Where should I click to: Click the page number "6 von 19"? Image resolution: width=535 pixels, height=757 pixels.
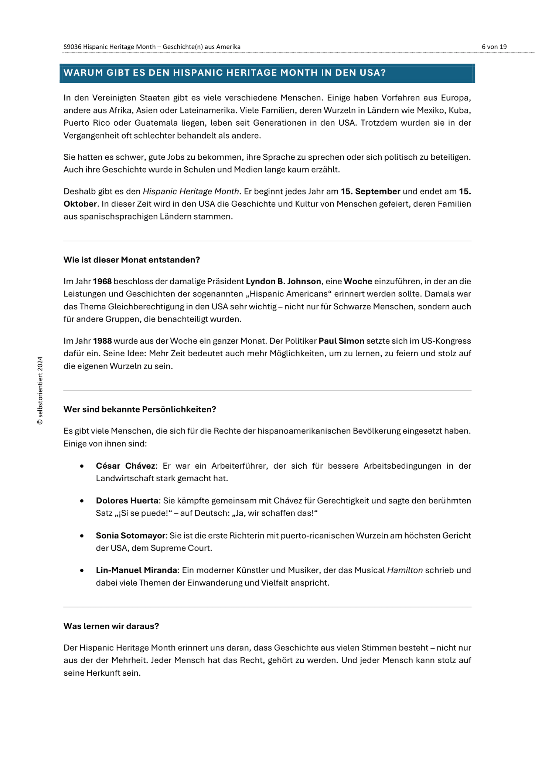click(x=494, y=47)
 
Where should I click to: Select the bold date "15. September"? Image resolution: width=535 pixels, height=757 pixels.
click(x=371, y=191)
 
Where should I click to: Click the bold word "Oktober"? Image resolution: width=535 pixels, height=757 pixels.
click(x=80, y=204)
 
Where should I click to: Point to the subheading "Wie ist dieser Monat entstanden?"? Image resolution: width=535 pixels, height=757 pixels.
click(x=132, y=260)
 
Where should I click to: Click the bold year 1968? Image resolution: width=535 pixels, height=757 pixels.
click(x=102, y=282)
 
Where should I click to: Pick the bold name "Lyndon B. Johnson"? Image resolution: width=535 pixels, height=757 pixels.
click(x=283, y=282)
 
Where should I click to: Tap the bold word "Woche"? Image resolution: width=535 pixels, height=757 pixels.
click(x=358, y=282)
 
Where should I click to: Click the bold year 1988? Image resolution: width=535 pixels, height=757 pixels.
click(x=102, y=341)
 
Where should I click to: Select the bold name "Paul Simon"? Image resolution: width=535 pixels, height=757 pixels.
click(x=341, y=341)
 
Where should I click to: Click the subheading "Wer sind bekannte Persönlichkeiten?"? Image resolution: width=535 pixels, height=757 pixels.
click(x=140, y=410)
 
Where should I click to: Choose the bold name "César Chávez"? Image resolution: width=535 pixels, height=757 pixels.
click(x=125, y=466)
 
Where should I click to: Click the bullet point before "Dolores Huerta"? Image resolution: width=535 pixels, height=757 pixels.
click(x=82, y=501)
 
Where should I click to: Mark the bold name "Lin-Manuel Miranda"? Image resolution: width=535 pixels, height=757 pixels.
click(x=136, y=570)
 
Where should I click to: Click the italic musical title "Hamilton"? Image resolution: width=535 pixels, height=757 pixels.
click(x=405, y=570)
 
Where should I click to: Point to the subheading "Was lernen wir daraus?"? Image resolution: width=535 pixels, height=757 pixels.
click(x=111, y=626)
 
